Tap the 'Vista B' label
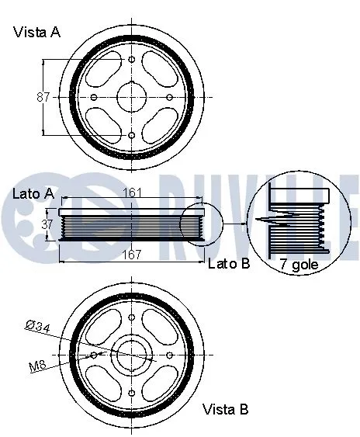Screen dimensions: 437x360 click(x=226, y=408)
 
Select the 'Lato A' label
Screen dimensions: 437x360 click(x=33, y=192)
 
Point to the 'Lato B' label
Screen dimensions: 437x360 click(x=229, y=264)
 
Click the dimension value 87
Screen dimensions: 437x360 click(x=43, y=97)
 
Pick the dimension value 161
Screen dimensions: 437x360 click(x=131, y=192)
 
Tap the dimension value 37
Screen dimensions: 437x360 click(x=46, y=223)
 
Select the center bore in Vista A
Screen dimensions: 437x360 click(x=131, y=97)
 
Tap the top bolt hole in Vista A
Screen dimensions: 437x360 click(x=131, y=60)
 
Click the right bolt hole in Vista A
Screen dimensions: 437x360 click(x=169, y=97)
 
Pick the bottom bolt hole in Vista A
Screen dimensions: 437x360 click(x=131, y=135)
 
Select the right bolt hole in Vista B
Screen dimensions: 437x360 click(x=169, y=355)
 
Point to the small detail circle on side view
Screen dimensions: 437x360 click(x=200, y=224)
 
